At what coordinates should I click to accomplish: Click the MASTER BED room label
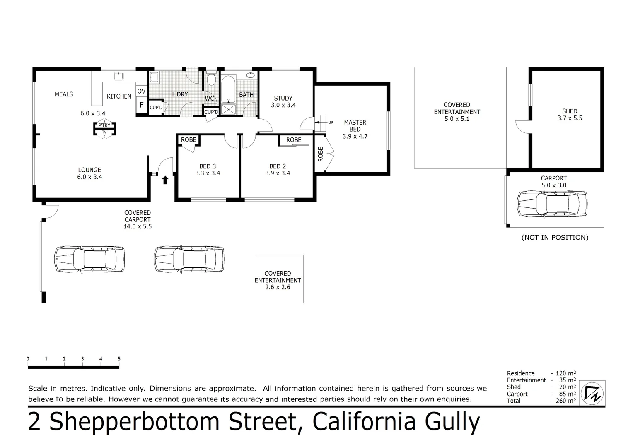(355, 129)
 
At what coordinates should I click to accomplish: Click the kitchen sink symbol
(119, 76)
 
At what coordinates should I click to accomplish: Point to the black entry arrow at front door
(165, 180)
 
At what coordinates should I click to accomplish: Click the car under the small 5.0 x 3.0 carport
(552, 204)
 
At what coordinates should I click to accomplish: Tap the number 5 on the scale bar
(119, 359)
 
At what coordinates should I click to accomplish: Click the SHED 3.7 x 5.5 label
(570, 114)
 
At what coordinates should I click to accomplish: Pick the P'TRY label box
(104, 125)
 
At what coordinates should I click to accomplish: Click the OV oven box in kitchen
(141, 91)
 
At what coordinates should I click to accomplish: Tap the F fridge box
(141, 105)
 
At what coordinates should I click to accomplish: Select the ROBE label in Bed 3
(188, 140)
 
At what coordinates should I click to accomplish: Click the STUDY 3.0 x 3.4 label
(283, 101)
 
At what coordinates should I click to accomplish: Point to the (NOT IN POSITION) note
(555, 237)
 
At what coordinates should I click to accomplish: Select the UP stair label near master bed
(330, 123)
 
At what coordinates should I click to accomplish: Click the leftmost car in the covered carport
(89, 259)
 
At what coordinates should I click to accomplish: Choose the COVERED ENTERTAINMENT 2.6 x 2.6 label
(278, 280)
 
